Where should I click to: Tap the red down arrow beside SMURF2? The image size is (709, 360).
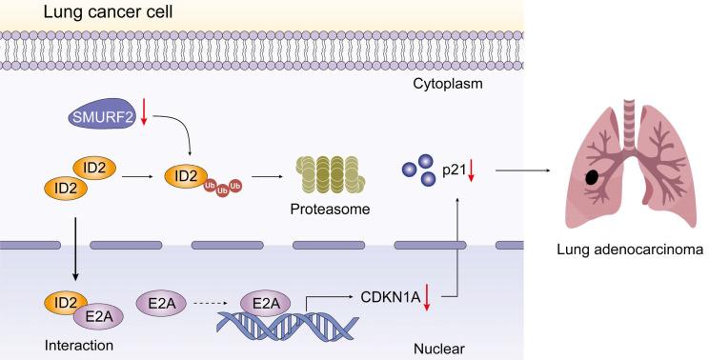click(x=144, y=115)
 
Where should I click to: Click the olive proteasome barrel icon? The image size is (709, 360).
click(x=331, y=174)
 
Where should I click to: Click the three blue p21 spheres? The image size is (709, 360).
click(x=417, y=171)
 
